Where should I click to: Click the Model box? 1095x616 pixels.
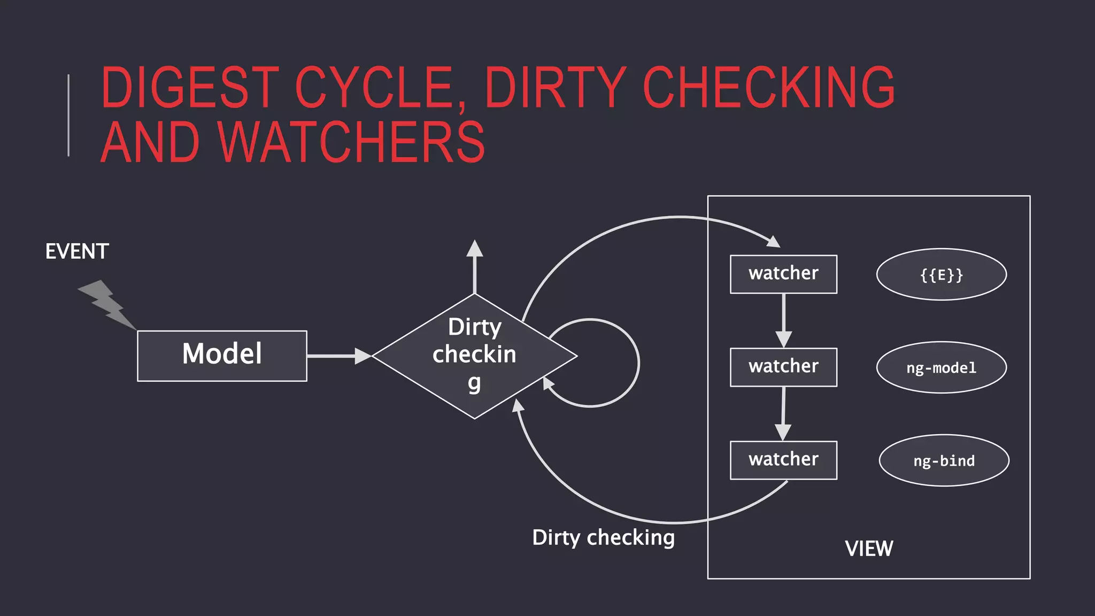[x=222, y=356]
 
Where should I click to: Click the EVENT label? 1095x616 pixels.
[x=77, y=251]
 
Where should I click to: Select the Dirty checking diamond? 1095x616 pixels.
[x=474, y=356]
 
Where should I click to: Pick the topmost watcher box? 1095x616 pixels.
[x=783, y=274]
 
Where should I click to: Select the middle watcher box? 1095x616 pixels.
[x=783, y=367]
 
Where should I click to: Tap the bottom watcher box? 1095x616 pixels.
[x=783, y=460]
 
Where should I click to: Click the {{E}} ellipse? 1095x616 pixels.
[x=941, y=274]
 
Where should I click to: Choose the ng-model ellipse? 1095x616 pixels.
[x=941, y=367]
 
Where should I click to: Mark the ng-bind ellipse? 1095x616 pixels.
[x=944, y=460]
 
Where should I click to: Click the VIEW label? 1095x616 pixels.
[x=869, y=549]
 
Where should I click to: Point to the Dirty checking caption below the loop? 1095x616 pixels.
[x=603, y=537]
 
